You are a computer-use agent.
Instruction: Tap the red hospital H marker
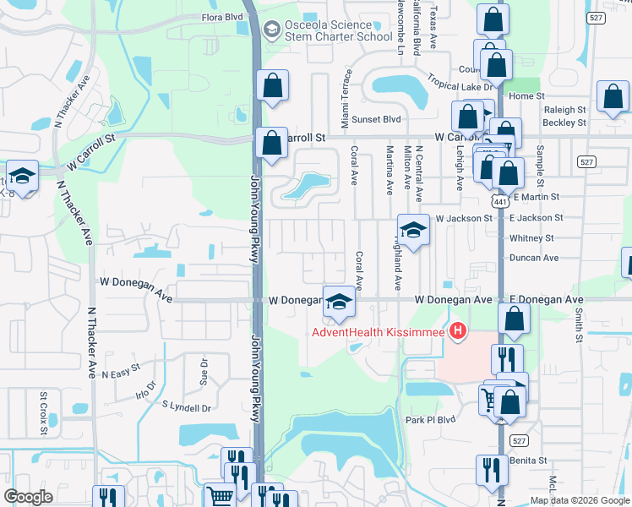(x=458, y=329)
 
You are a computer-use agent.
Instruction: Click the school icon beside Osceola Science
(x=271, y=31)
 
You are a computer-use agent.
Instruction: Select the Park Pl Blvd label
(x=430, y=420)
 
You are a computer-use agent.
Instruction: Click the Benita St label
(x=531, y=461)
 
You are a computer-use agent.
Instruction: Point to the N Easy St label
(x=121, y=373)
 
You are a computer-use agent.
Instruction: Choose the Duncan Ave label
(x=534, y=258)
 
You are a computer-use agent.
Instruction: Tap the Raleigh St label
(x=565, y=110)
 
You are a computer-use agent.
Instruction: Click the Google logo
(x=28, y=497)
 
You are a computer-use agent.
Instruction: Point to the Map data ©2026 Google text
(x=580, y=500)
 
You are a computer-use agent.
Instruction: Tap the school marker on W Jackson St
(x=413, y=231)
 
